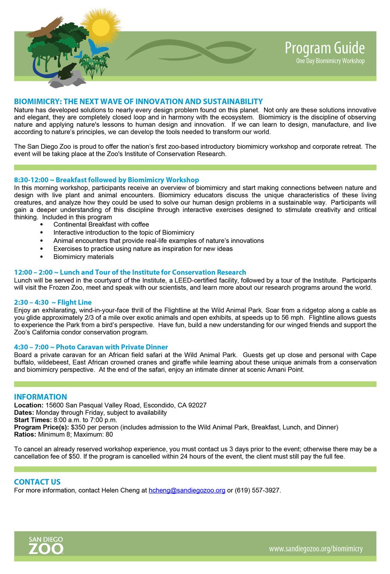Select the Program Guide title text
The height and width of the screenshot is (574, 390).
coord(325,48)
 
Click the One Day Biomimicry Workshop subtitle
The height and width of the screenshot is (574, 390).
coord(330,61)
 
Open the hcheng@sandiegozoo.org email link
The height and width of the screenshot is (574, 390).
coord(187,490)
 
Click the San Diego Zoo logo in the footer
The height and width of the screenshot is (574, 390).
coord(46,545)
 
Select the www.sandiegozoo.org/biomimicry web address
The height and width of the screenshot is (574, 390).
coord(316,549)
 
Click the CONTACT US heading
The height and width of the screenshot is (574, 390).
coord(37,482)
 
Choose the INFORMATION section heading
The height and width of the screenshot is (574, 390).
coord(41,397)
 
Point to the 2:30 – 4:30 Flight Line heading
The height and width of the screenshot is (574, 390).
coord(53,302)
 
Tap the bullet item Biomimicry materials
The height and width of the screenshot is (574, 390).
coord(83,257)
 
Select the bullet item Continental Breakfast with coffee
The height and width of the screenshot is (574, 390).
coord(101,224)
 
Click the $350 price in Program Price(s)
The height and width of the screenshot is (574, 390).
coord(78,427)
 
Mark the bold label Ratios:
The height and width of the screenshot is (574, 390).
coord(25,434)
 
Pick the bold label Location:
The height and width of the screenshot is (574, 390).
coord(29,405)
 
